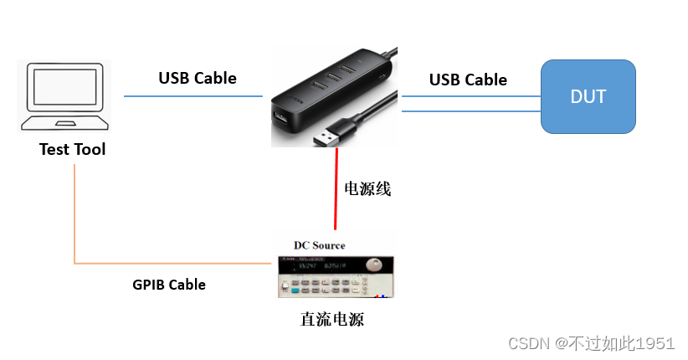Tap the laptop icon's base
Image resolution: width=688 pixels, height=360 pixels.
click(x=64, y=124)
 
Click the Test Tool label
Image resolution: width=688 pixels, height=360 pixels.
click(x=73, y=150)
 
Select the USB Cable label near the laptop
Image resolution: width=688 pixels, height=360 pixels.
click(x=198, y=78)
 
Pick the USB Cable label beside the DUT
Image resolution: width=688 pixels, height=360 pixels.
click(x=468, y=80)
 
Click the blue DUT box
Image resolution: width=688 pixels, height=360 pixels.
click(x=588, y=96)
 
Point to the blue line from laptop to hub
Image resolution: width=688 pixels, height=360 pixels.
click(x=193, y=96)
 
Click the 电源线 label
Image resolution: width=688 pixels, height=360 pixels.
click(x=367, y=189)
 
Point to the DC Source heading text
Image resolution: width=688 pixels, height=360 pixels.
click(x=319, y=244)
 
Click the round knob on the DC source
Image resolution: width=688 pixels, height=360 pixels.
click(x=372, y=265)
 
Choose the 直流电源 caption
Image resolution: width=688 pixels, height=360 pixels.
click(x=332, y=319)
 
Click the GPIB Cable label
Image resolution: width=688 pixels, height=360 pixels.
click(x=169, y=285)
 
